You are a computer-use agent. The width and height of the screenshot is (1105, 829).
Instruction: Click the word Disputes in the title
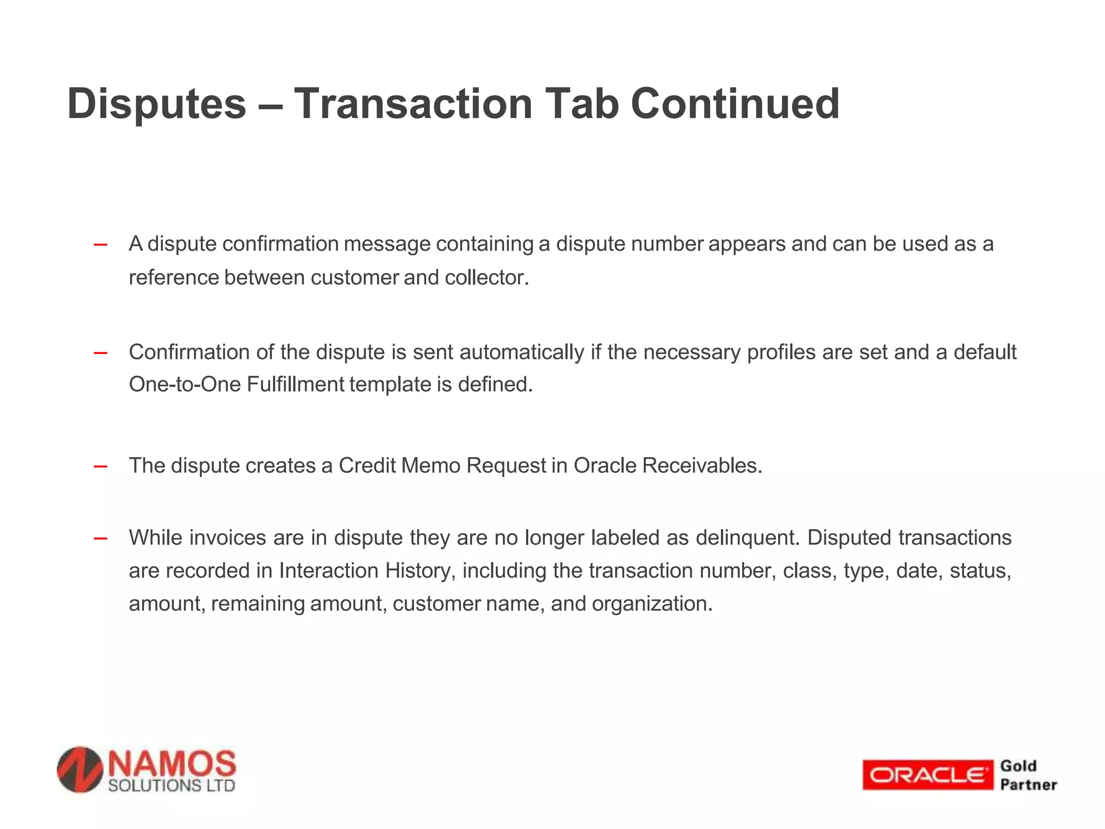coord(156,104)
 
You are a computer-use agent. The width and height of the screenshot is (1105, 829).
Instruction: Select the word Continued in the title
coord(735,104)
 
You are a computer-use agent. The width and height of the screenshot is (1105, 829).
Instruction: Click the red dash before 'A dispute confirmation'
coord(100,245)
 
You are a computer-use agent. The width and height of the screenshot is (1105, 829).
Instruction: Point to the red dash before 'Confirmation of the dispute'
coord(100,354)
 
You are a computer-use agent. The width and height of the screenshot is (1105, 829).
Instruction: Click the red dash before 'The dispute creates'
coord(100,466)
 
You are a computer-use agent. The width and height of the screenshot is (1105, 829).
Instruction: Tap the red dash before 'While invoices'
coord(100,538)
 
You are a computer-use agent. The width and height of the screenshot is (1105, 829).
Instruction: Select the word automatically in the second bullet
coord(522,352)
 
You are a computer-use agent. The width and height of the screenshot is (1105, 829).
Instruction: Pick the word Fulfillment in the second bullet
coord(297,385)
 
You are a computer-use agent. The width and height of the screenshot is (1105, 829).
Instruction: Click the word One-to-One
coord(185,385)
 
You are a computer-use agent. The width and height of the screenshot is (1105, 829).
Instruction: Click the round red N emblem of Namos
coord(80,770)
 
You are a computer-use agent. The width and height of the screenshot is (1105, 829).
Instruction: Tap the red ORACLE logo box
coord(927,775)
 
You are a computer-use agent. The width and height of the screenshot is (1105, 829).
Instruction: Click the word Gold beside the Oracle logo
coord(1018,766)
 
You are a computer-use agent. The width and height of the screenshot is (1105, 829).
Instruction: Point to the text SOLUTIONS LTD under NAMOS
coord(172,785)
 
